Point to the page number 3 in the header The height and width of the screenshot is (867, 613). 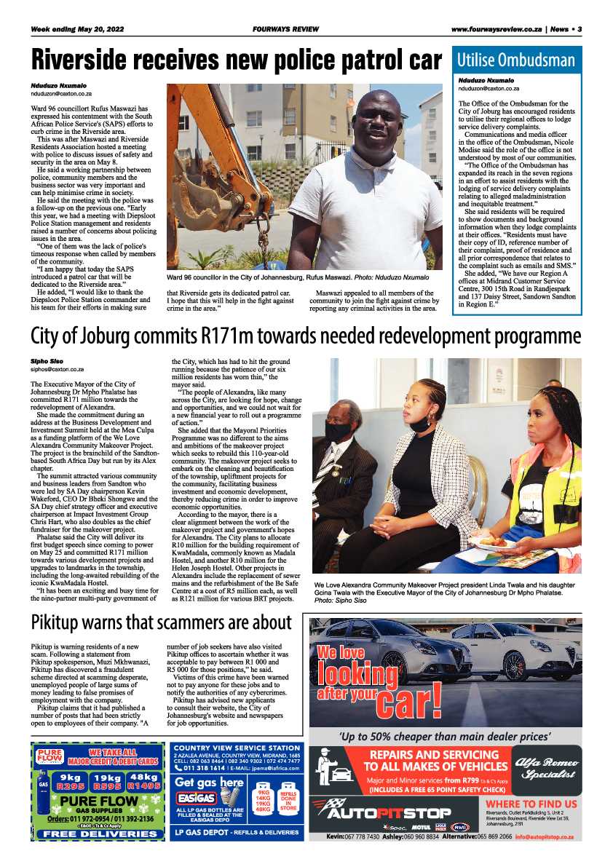point(580,29)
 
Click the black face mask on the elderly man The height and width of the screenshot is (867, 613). point(338,432)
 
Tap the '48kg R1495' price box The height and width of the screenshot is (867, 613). point(144,781)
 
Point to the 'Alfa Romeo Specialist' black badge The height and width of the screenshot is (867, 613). point(546,769)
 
